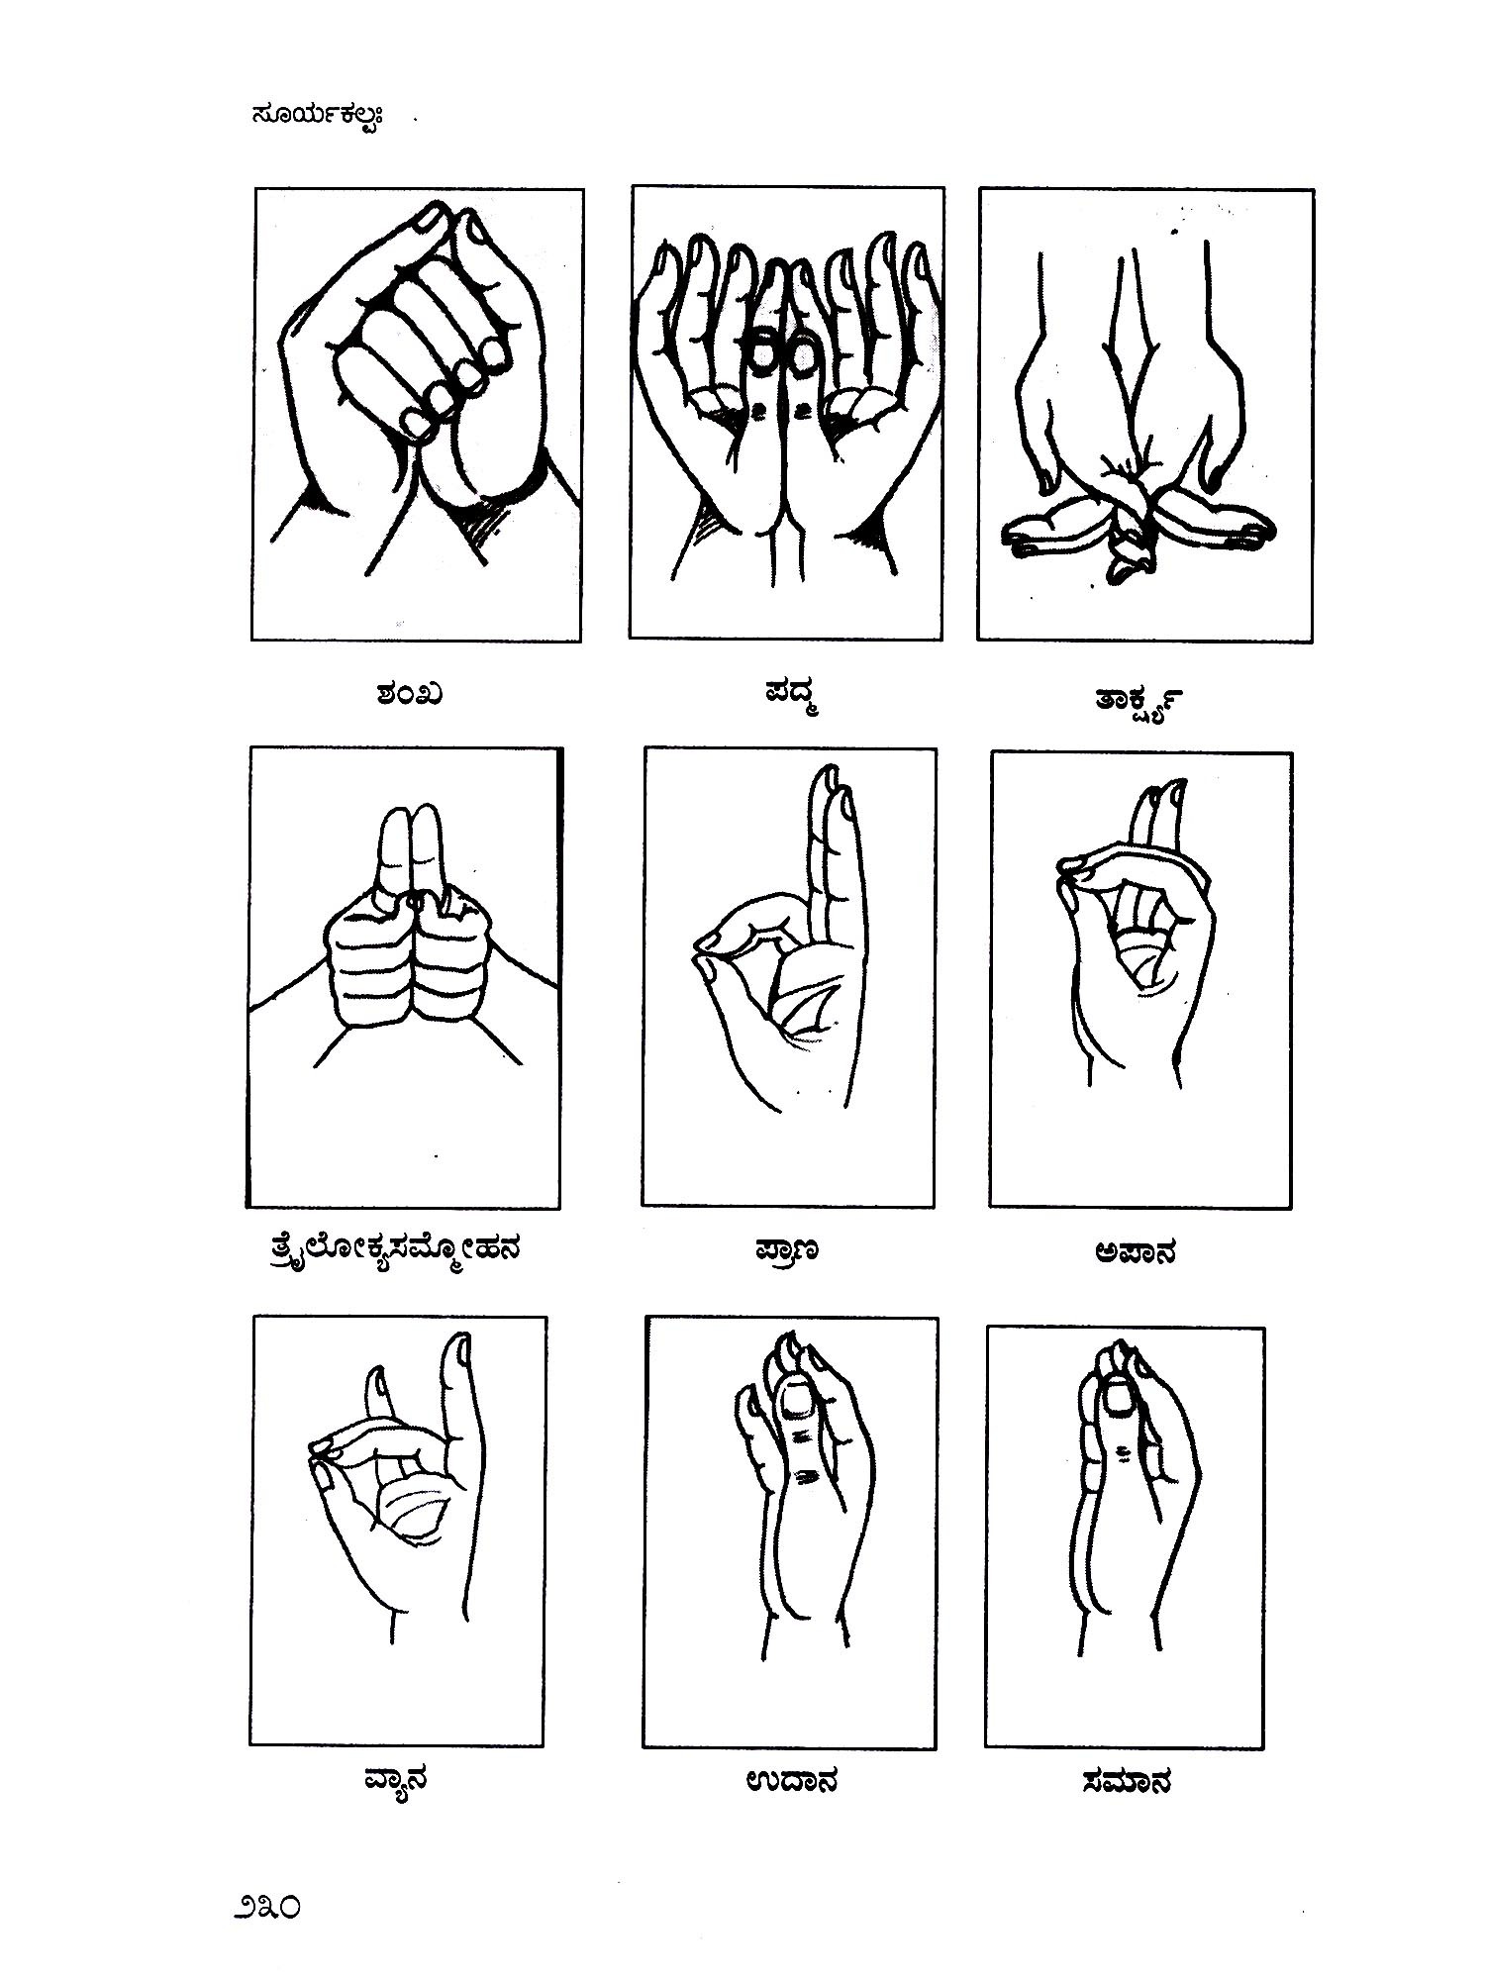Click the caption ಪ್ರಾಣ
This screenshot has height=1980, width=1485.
783,1252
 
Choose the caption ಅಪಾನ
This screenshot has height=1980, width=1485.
1136,1252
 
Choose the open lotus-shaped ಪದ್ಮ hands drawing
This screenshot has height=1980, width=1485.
787,406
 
